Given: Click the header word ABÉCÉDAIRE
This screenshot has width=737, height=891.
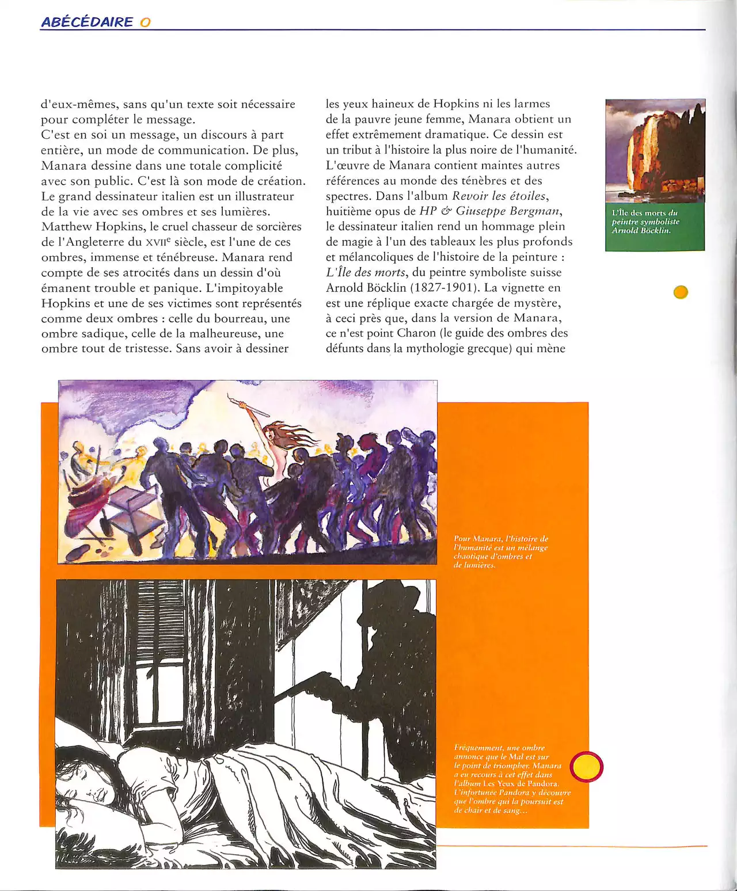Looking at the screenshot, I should (x=87, y=22).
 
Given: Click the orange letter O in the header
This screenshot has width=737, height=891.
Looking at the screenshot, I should (x=145, y=22).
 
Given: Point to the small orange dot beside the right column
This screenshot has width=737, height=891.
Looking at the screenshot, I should (x=681, y=292).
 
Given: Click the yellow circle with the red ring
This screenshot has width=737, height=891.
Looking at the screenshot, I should (x=586, y=767).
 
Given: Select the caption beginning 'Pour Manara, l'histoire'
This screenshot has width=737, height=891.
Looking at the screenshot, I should (x=500, y=551).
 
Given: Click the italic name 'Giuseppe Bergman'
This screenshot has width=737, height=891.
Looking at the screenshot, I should (x=508, y=211).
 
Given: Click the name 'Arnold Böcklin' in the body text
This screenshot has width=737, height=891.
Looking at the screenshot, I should (x=366, y=288).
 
